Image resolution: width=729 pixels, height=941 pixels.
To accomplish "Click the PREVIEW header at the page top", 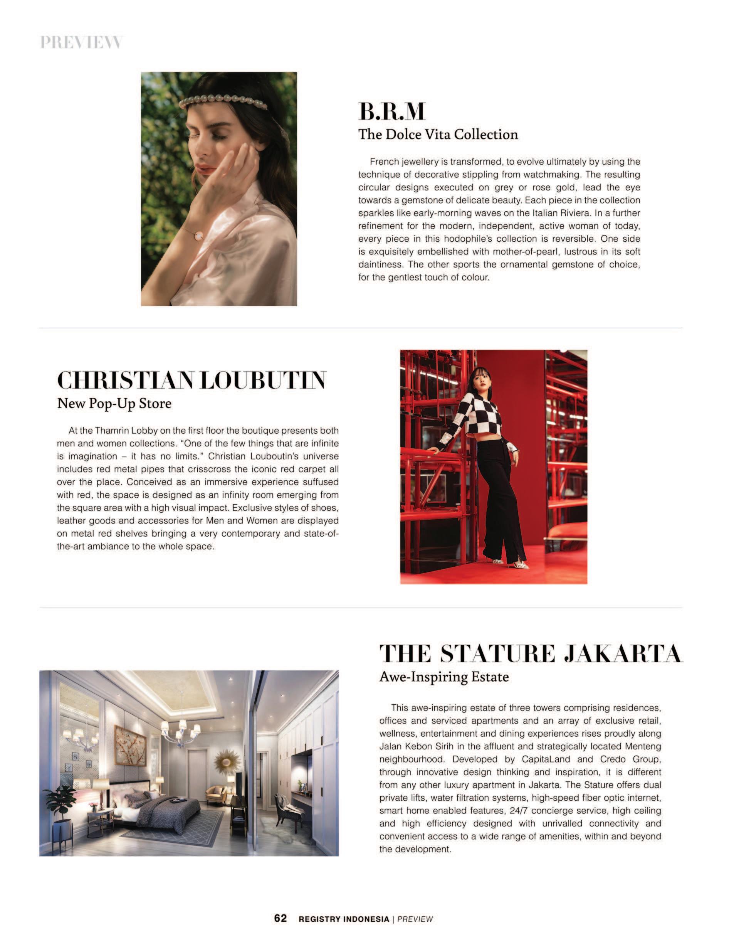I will click(x=81, y=42).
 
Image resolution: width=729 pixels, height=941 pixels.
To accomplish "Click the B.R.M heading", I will click(x=391, y=111).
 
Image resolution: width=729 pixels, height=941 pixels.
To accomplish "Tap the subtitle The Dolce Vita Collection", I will click(x=438, y=135).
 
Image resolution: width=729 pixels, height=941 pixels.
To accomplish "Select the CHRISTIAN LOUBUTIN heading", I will click(x=191, y=380).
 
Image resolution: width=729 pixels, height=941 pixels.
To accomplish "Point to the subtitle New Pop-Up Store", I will click(x=114, y=403).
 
